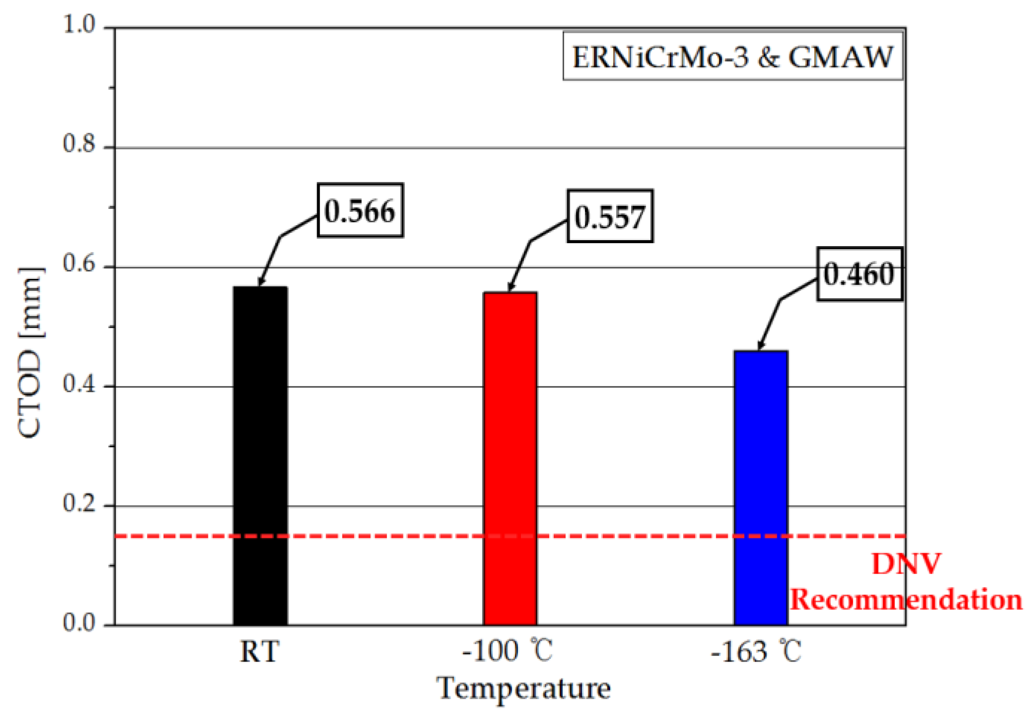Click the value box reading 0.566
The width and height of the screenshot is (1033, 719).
point(360,210)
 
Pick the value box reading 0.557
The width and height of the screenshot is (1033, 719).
point(610,216)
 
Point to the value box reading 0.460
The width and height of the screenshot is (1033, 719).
point(859,274)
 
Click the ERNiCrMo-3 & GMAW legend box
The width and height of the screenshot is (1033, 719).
point(732,57)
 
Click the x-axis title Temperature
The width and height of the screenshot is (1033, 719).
point(523,689)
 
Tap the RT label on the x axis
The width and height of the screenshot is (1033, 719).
point(259,651)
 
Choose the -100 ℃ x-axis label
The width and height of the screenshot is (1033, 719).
point(507,651)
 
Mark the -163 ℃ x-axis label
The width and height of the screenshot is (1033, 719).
point(756,651)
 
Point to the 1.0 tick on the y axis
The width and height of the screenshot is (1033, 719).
point(79,24)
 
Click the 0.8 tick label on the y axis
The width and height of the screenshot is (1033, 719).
point(79,143)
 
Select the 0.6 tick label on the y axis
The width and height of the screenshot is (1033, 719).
point(79,263)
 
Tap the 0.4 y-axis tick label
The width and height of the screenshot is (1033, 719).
point(79,383)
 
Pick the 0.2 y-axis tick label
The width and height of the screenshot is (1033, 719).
point(79,503)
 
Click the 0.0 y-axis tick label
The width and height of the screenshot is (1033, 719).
point(79,622)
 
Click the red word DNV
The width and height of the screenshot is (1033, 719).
point(906,564)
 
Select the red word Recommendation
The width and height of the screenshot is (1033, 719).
point(906,599)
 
